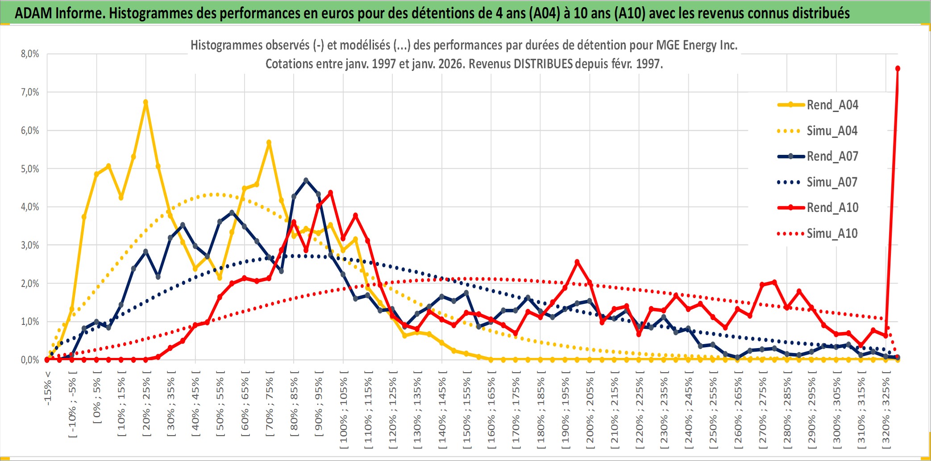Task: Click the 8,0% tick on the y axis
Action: [30, 54]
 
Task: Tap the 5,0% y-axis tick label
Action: [30, 169]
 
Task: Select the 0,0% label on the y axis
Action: [30, 360]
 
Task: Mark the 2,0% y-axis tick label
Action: [30, 283]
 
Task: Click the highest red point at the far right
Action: [898, 69]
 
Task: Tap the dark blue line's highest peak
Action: [306, 180]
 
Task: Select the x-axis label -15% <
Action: [48, 388]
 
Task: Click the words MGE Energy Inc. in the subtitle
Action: [697, 45]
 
